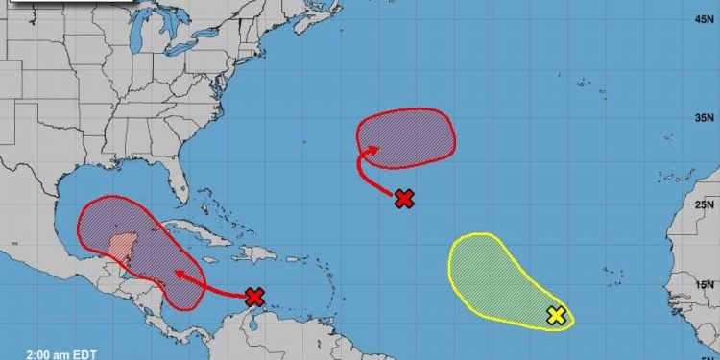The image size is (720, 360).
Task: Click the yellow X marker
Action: coord(555,314)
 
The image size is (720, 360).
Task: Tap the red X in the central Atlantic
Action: coord(405,199)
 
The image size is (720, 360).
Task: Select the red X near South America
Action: coord(253,297)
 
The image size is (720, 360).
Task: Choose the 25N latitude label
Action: coord(705,204)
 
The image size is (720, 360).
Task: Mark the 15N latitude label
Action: coord(705,284)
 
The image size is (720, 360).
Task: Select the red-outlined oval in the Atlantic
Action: coord(408,134)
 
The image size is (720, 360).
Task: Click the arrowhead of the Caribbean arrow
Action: coord(177,273)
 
